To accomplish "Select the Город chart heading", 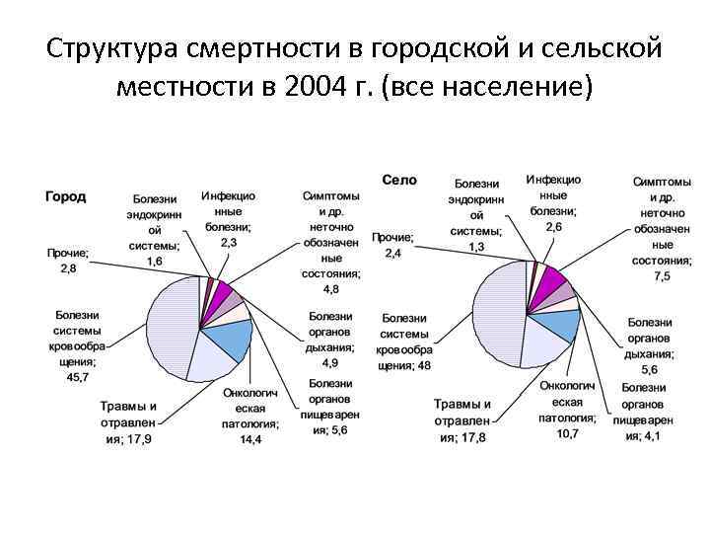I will click(65, 196).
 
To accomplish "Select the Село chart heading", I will click(399, 180).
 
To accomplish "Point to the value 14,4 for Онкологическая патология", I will click(250, 439).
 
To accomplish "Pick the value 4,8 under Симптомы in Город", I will click(331, 288).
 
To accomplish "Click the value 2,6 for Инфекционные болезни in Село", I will click(554, 227).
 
